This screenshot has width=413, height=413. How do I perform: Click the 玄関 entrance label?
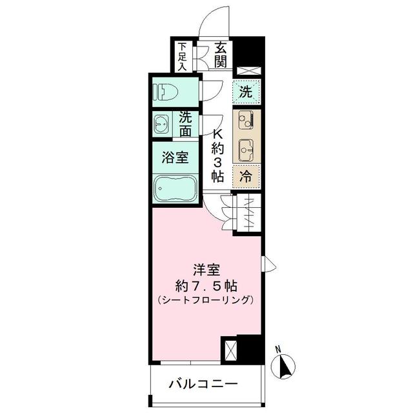point(221,55)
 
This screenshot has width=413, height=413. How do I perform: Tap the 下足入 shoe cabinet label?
point(183,56)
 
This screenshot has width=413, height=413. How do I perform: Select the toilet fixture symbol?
point(165,93)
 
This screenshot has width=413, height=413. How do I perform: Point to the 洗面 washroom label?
point(185,124)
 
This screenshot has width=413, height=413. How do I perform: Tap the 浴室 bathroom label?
point(175,157)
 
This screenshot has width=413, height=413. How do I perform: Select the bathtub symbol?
point(176,188)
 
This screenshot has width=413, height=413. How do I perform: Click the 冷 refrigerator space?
point(246,174)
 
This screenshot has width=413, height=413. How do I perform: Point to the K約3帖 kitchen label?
point(218,154)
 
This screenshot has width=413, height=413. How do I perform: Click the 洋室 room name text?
point(206,269)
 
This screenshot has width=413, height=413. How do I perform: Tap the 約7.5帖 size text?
point(206,285)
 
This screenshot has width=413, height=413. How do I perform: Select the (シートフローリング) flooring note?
point(206,300)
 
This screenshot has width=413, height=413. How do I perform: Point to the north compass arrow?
point(283,367)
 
